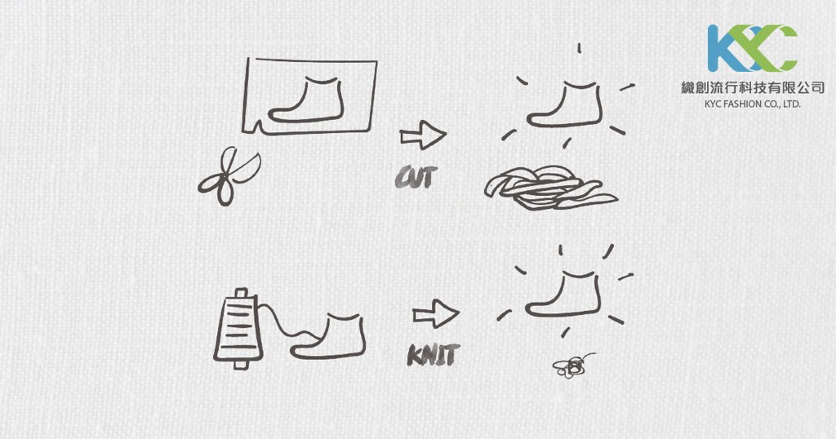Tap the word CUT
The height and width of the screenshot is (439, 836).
(416, 177)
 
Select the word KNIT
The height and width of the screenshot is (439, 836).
(433, 355)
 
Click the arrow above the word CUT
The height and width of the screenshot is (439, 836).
(423, 135)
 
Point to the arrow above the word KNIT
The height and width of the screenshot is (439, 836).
(436, 313)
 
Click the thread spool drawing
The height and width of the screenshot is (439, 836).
(238, 329)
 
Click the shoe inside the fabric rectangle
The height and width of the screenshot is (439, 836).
(306, 100)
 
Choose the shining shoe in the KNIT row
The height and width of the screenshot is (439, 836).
(563, 294)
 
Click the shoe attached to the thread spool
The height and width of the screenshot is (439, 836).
(328, 336)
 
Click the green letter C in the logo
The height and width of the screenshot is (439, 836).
(781, 48)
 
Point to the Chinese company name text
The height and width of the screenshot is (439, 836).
(753, 88)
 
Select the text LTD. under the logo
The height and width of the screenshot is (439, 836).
(791, 104)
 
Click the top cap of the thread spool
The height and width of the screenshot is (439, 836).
(242, 292)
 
